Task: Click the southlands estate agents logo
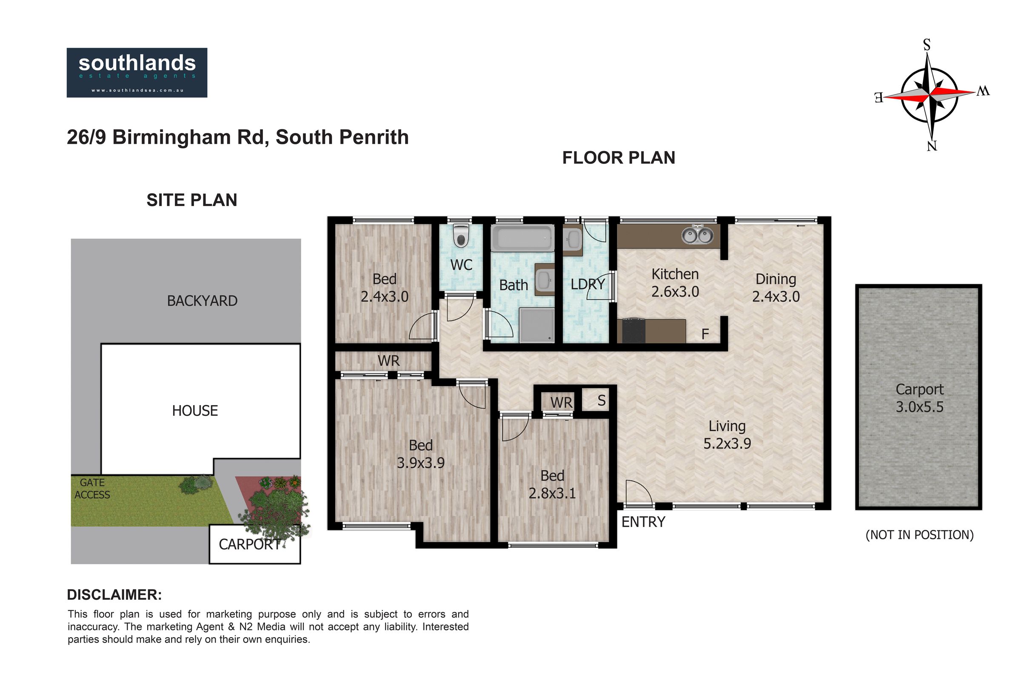tap(137, 72)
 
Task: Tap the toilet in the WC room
tap(461, 236)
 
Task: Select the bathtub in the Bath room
tap(523, 238)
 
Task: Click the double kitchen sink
tap(697, 235)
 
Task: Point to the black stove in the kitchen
tap(634, 331)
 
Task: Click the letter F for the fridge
tap(705, 334)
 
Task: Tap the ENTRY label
tap(643, 522)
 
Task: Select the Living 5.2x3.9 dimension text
tap(727, 435)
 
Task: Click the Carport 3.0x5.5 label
tap(919, 398)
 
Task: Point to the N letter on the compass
tap(932, 146)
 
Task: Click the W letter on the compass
tap(983, 91)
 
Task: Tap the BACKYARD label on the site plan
tap(202, 301)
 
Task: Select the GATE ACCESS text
tap(92, 489)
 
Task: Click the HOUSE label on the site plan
tap(195, 411)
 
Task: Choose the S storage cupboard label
tap(601, 401)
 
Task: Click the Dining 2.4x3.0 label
tap(776, 288)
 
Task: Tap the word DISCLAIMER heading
tap(114, 595)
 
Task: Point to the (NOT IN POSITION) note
tap(919, 535)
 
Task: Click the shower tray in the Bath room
tap(537, 325)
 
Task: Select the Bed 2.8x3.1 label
tap(552, 485)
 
